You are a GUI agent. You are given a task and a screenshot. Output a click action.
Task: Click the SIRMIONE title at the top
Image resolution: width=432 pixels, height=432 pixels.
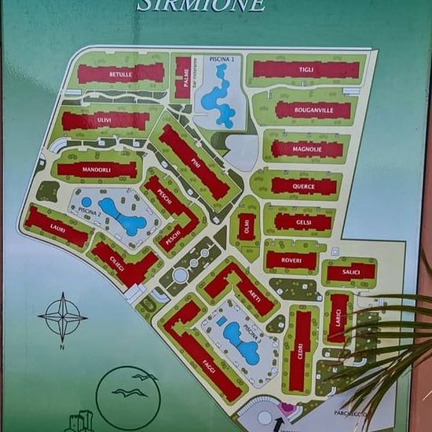pyautogui.click(x=201, y=5)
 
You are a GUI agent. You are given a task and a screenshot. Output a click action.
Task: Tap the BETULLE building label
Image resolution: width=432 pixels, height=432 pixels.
pyautogui.click(x=120, y=74)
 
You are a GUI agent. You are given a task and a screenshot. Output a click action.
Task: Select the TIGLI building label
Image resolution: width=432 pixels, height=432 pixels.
pyautogui.click(x=306, y=70)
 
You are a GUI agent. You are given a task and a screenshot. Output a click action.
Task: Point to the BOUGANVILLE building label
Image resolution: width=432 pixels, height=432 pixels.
pyautogui.click(x=313, y=110)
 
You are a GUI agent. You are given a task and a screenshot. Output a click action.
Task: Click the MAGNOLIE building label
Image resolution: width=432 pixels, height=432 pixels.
pyautogui.click(x=307, y=149)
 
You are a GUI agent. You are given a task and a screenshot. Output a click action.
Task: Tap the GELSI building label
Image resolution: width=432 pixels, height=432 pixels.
pyautogui.click(x=302, y=221)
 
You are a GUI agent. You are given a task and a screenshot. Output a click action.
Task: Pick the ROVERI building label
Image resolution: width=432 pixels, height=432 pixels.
pyautogui.click(x=291, y=260)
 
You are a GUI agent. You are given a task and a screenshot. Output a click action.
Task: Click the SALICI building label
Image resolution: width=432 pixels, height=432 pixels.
pyautogui.click(x=350, y=273)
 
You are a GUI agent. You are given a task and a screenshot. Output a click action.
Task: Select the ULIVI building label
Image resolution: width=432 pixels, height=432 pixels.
pyautogui.click(x=104, y=120)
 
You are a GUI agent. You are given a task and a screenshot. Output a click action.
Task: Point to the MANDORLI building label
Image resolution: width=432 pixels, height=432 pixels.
pyautogui.click(x=97, y=169)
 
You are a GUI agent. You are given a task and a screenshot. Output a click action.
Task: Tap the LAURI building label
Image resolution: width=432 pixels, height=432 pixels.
pyautogui.click(x=57, y=227)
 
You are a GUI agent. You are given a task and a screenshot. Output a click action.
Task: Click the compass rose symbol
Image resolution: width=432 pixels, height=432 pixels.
pyautogui.click(x=63, y=317)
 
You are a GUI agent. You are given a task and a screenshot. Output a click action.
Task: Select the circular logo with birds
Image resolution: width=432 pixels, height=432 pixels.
pyautogui.click(x=128, y=397)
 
